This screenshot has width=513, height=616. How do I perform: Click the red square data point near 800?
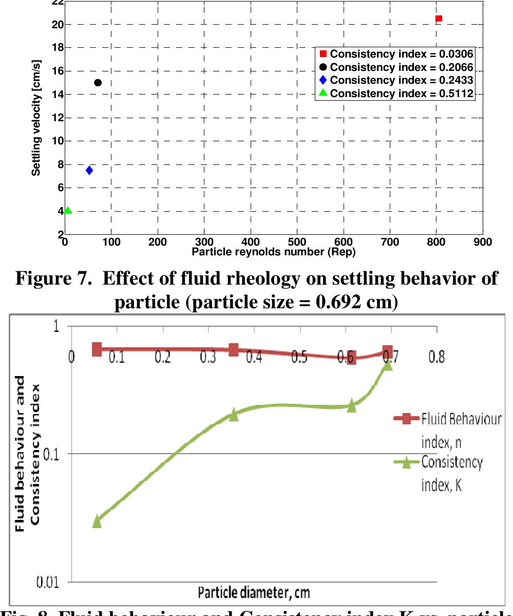(439, 18)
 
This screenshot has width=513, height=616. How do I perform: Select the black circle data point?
(98, 83)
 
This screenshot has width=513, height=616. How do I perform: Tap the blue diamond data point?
(89, 170)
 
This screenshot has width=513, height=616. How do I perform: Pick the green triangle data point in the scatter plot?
(68, 210)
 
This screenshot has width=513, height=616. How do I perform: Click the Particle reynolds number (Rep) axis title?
(273, 252)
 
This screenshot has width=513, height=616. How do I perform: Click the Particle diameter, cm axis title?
(251, 591)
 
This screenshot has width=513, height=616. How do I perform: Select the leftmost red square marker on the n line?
(97, 349)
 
